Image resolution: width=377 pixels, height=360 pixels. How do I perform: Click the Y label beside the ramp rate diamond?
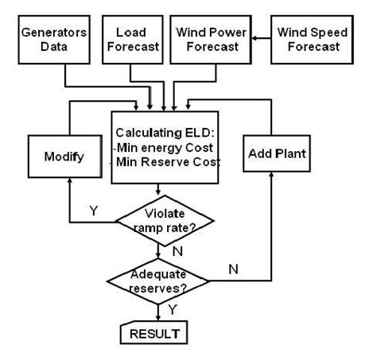94,211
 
